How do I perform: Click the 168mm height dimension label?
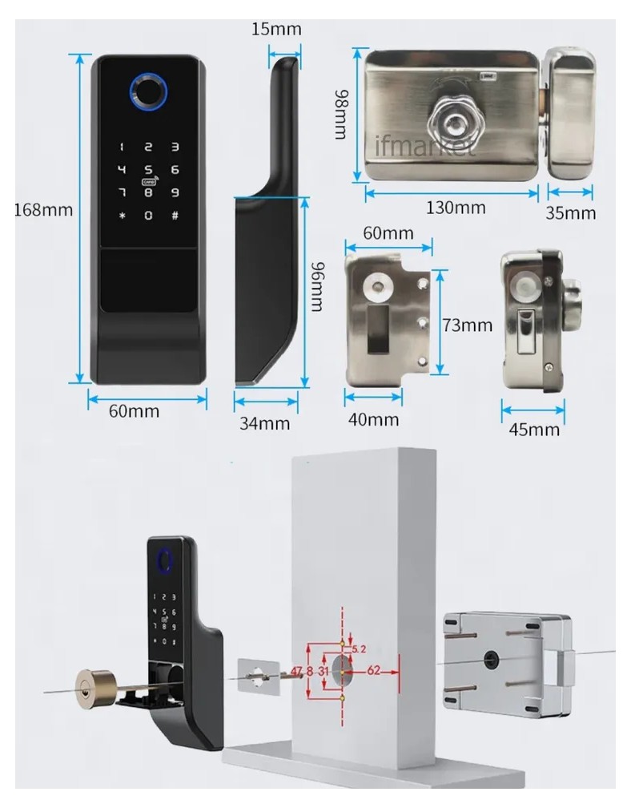(43, 211)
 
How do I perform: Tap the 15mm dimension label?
(276, 30)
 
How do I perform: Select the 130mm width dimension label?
(455, 208)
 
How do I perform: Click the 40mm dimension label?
(373, 419)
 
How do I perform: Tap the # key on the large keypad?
(174, 216)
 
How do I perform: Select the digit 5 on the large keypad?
(148, 170)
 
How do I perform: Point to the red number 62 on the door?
(374, 672)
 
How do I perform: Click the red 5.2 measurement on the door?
(359, 648)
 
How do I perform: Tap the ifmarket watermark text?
(424, 147)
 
